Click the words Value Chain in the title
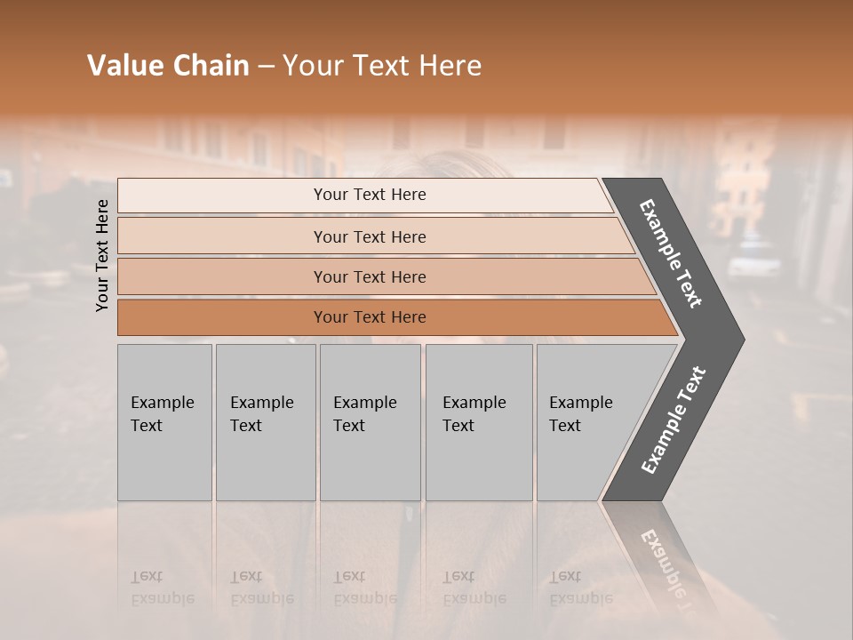point(168,66)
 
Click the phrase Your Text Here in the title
point(382,66)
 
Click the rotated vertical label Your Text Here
point(102,255)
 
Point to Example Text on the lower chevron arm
point(673,420)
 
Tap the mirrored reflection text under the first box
point(163,588)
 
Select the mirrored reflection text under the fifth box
point(581,588)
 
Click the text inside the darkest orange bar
point(370,317)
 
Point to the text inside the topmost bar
point(370,195)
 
